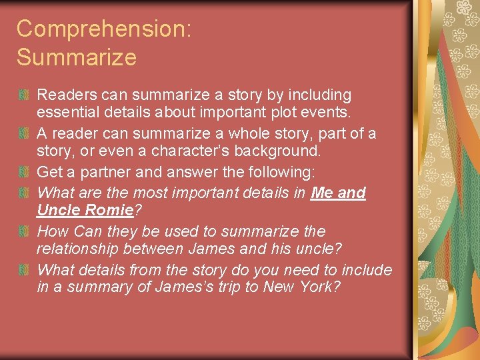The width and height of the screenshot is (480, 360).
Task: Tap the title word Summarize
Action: pyautogui.click(x=77, y=57)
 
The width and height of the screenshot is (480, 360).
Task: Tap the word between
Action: pyautogui.click(x=158, y=250)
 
